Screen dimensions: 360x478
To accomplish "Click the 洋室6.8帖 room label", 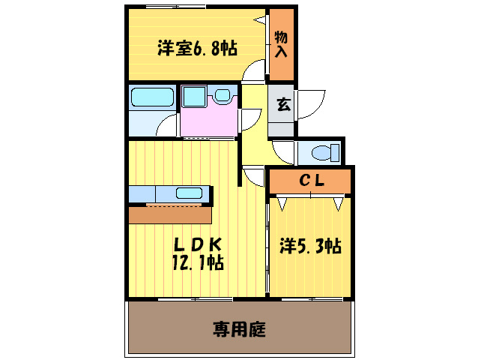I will [197, 49].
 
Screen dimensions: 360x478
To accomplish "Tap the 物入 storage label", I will [282, 44].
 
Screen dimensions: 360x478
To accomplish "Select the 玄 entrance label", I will [283, 105].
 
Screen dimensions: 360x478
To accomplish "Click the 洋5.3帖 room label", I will [311, 245].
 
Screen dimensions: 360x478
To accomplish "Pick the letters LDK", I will [196, 244].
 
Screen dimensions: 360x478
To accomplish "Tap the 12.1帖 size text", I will [196, 262].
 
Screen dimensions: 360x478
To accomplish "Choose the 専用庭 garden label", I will [239, 328].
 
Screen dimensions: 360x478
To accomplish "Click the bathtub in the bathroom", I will [152, 97].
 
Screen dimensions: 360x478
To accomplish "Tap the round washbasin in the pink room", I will [222, 95].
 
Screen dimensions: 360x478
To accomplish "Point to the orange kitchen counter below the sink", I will [170, 215].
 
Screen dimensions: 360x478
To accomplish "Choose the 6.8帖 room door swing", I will [255, 71].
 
